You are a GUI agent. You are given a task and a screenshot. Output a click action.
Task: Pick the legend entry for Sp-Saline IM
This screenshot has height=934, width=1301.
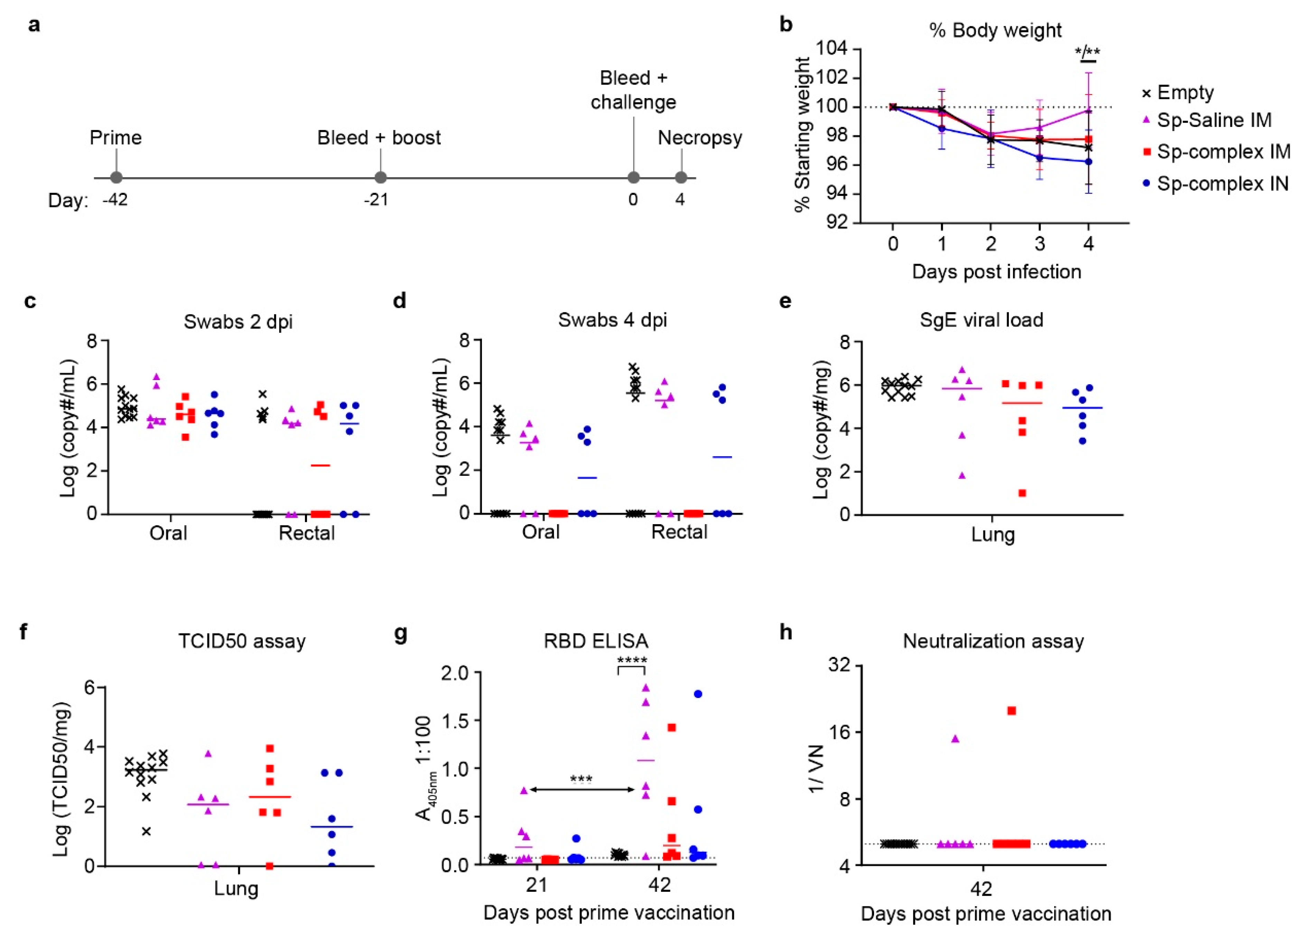1213,120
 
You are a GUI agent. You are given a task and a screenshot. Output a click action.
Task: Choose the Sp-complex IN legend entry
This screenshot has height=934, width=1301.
1222,183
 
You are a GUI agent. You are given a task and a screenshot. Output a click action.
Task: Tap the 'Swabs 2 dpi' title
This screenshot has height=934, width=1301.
238,322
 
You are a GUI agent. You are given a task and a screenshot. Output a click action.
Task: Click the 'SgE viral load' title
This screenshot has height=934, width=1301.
982,320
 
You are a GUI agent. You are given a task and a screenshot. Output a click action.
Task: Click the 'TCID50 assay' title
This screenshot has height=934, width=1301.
242,641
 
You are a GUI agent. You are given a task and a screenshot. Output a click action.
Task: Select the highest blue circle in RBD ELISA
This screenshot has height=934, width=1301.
698,694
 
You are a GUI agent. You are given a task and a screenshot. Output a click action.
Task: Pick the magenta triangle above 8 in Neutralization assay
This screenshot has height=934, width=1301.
955,738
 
